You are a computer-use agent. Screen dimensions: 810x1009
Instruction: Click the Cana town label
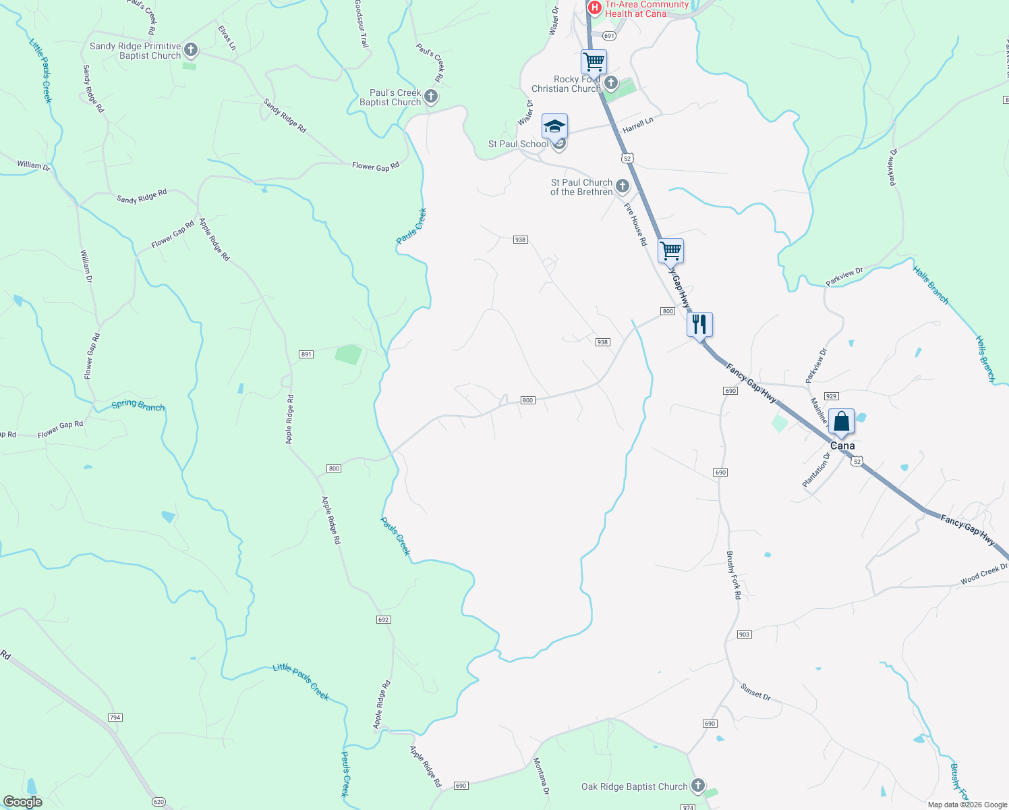tap(842, 446)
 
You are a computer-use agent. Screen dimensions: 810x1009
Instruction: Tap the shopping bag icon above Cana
tap(841, 422)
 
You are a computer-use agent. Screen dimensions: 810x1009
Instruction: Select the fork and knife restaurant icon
tap(699, 325)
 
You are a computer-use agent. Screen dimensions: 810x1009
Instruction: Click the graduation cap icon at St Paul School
tap(554, 127)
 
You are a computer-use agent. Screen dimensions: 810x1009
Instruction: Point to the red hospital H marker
tap(594, 7)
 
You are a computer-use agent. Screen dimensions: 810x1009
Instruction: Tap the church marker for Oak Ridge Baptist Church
tap(698, 786)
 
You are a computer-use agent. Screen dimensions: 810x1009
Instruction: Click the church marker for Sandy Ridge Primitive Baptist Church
tap(191, 49)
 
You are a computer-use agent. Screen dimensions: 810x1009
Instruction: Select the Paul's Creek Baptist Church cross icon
tap(431, 97)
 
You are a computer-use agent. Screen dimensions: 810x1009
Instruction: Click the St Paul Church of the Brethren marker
tap(623, 186)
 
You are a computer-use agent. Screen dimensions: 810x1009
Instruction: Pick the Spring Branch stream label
tap(138, 405)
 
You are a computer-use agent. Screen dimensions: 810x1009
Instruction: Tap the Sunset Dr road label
tap(755, 692)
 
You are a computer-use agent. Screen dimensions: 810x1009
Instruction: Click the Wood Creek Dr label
tap(984, 574)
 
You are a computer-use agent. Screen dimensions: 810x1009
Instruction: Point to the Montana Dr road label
tap(542, 776)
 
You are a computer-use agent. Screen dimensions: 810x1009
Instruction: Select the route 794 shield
tap(115, 718)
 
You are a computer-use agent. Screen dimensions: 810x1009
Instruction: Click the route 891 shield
tap(306, 354)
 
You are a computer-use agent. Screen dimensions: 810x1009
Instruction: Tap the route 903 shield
tap(744, 634)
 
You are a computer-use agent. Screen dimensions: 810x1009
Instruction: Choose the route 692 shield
tap(383, 619)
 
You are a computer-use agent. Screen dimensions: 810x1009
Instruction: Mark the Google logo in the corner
tap(23, 802)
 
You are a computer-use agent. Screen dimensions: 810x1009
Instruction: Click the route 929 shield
tap(832, 396)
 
